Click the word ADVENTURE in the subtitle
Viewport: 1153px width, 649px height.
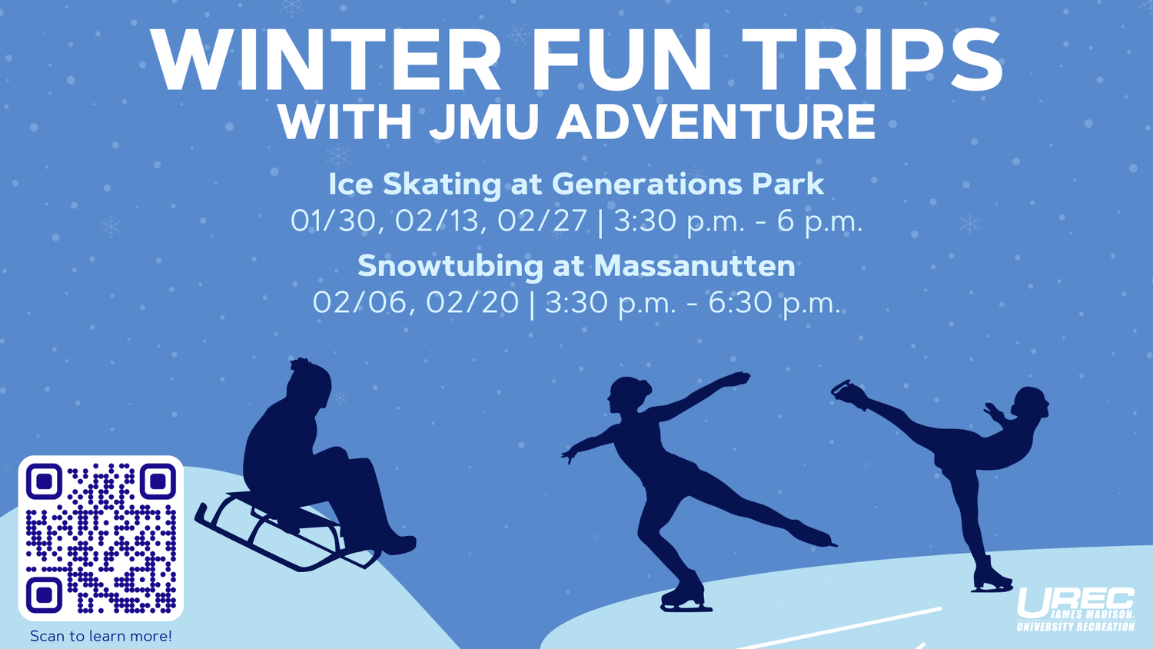(x=716, y=121)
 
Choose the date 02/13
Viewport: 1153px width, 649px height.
(x=441, y=221)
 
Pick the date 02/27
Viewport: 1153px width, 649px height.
(x=542, y=221)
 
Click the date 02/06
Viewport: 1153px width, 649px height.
(x=364, y=303)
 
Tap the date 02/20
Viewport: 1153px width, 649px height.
(x=473, y=302)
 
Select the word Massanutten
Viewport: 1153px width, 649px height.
(x=694, y=266)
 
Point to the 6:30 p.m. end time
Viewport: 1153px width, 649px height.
(x=775, y=304)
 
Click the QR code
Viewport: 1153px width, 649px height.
(x=101, y=538)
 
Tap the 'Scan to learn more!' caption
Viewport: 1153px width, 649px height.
(x=101, y=636)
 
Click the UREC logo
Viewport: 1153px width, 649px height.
(x=1076, y=609)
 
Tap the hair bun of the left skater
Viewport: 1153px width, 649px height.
(x=644, y=387)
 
